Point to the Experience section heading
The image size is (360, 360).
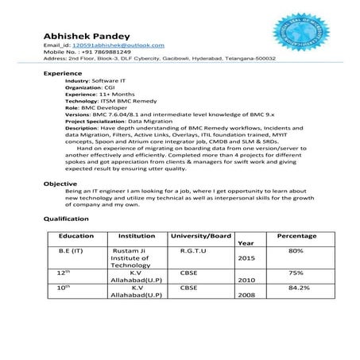(63, 73)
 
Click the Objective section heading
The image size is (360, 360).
(60, 184)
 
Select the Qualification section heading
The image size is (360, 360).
(66, 218)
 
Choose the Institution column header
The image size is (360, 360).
(137, 236)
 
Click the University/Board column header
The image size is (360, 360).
(201, 236)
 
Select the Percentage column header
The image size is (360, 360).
(296, 236)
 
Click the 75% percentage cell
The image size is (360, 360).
(296, 271)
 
